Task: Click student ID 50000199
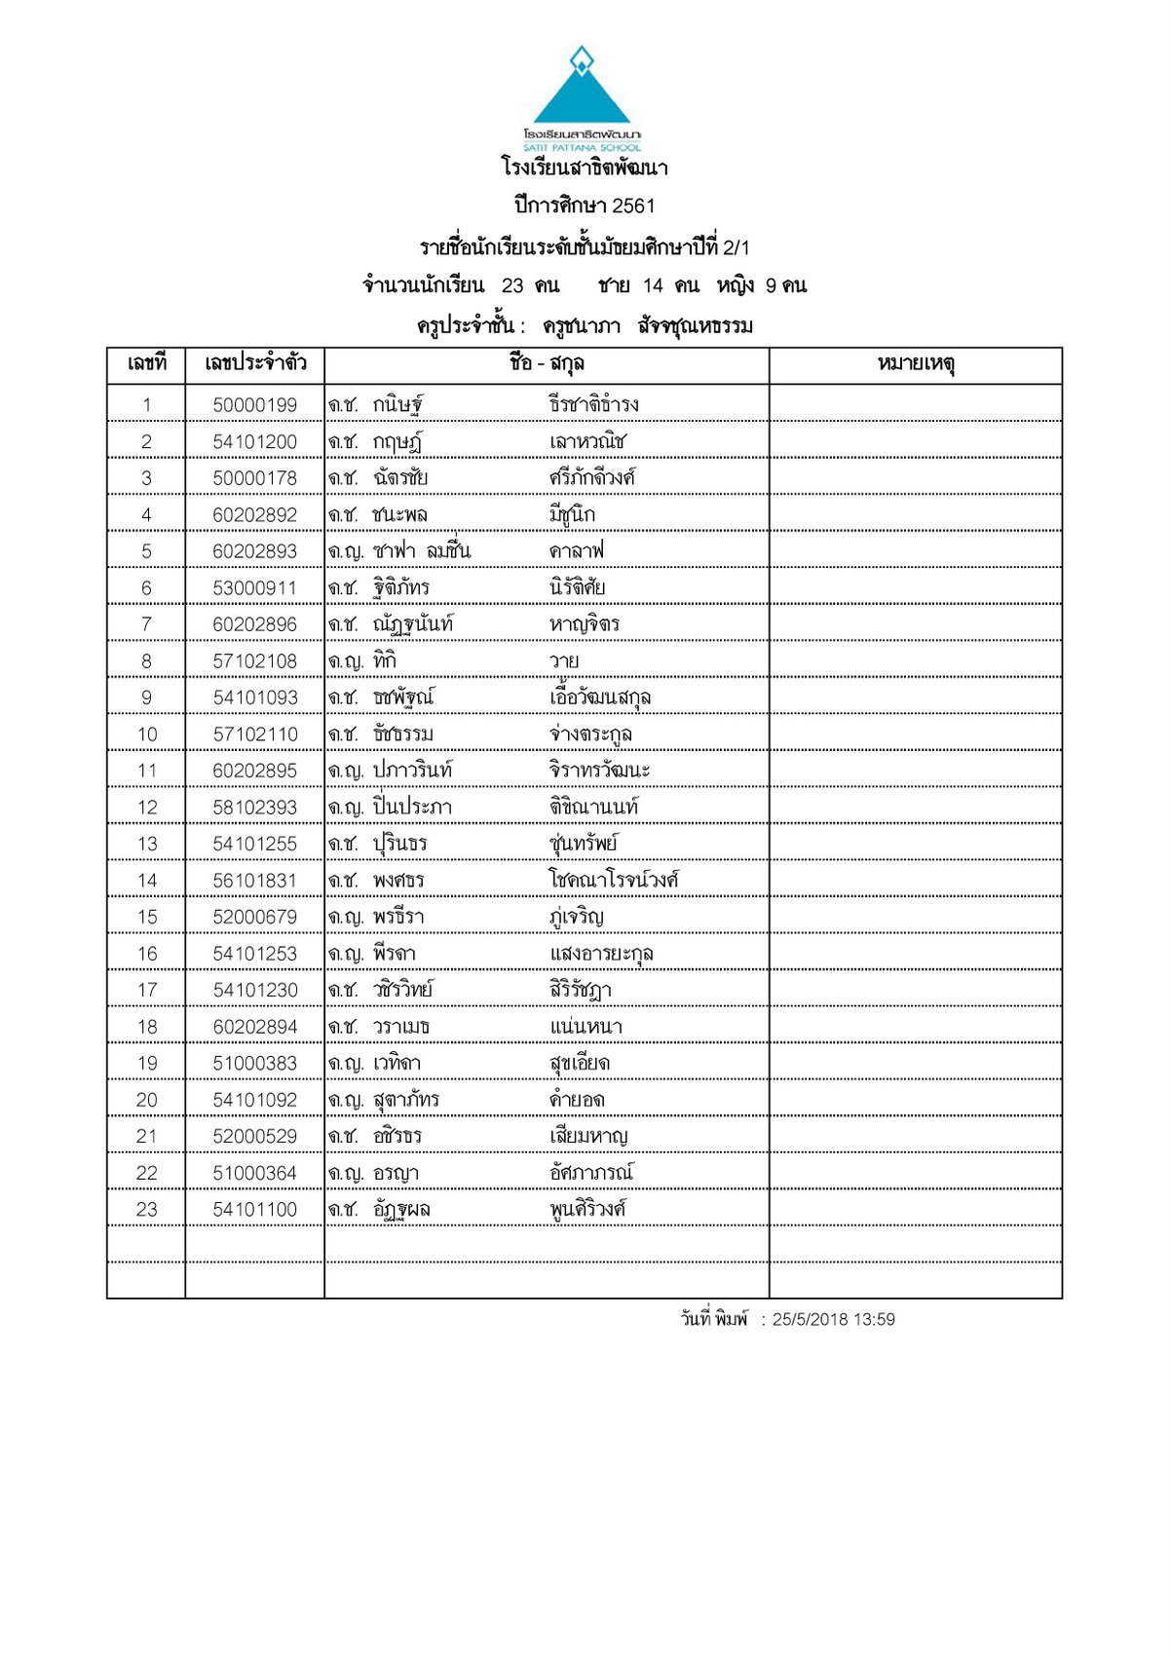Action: click(255, 405)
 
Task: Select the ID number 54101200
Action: click(255, 442)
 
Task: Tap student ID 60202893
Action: click(255, 551)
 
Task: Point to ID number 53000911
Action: click(255, 588)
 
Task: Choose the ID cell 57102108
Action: click(255, 661)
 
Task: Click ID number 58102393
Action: click(255, 808)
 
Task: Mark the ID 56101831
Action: click(255, 881)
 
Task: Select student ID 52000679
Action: click(255, 918)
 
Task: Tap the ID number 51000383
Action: click(255, 1064)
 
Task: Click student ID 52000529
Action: click(255, 1137)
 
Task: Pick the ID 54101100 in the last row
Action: click(255, 1210)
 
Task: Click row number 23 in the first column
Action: click(147, 1210)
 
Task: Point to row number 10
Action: click(147, 734)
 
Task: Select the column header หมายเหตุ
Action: click(916, 364)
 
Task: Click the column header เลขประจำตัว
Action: click(255, 364)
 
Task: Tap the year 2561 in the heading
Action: click(633, 206)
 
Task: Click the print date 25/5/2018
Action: click(811, 1320)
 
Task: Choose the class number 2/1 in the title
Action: click(737, 247)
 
